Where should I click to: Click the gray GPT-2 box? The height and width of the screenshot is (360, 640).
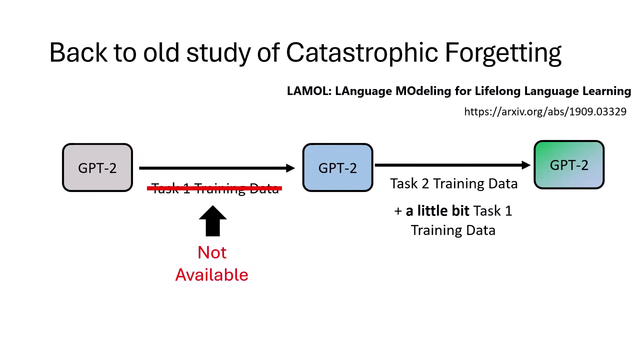click(97, 167)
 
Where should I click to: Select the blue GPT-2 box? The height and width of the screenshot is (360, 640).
click(337, 167)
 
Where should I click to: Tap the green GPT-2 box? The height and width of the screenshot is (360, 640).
click(569, 165)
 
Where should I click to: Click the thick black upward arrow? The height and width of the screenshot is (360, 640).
click(212, 221)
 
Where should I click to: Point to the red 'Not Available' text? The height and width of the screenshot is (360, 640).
click(211, 263)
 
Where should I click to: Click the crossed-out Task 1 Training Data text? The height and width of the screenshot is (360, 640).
click(215, 188)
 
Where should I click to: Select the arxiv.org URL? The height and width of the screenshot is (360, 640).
click(545, 111)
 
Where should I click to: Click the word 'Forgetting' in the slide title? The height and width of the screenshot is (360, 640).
click(503, 52)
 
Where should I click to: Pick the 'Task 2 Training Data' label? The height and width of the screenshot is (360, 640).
click(453, 184)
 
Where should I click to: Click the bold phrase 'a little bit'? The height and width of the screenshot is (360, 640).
click(437, 211)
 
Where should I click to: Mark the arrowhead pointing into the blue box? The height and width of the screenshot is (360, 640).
click(290, 168)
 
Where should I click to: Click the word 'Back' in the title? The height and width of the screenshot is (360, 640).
click(78, 52)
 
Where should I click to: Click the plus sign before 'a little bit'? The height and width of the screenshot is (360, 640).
click(398, 211)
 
